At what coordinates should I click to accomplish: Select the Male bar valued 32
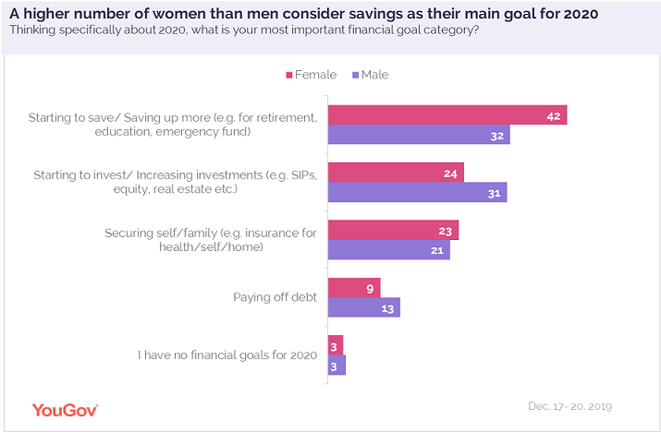click(419, 135)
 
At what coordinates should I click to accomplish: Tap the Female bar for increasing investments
click(396, 173)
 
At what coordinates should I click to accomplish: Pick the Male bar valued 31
click(417, 192)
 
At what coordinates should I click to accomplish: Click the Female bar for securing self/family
click(393, 230)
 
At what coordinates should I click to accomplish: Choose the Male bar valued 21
click(388, 249)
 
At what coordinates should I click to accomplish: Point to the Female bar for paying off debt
click(354, 287)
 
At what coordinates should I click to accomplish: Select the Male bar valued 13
click(364, 307)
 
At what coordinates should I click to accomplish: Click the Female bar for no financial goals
click(336, 344)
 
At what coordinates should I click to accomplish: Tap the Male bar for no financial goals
click(337, 365)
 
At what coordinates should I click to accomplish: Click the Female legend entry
click(310, 75)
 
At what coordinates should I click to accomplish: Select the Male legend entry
click(370, 75)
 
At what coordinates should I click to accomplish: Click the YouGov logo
click(65, 409)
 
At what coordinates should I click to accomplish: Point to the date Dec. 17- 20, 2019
click(569, 406)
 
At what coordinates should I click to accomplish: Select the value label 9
click(370, 288)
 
